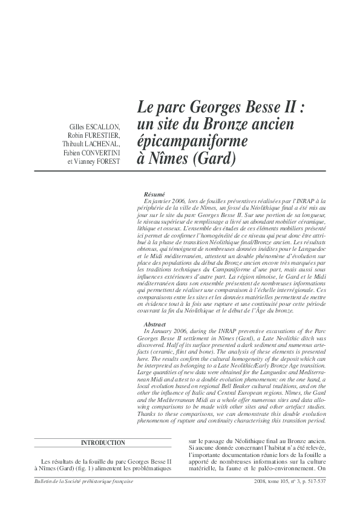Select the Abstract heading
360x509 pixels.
pyautogui.click(x=155, y=324)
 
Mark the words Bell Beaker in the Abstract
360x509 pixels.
pyautogui.click(x=254, y=383)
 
